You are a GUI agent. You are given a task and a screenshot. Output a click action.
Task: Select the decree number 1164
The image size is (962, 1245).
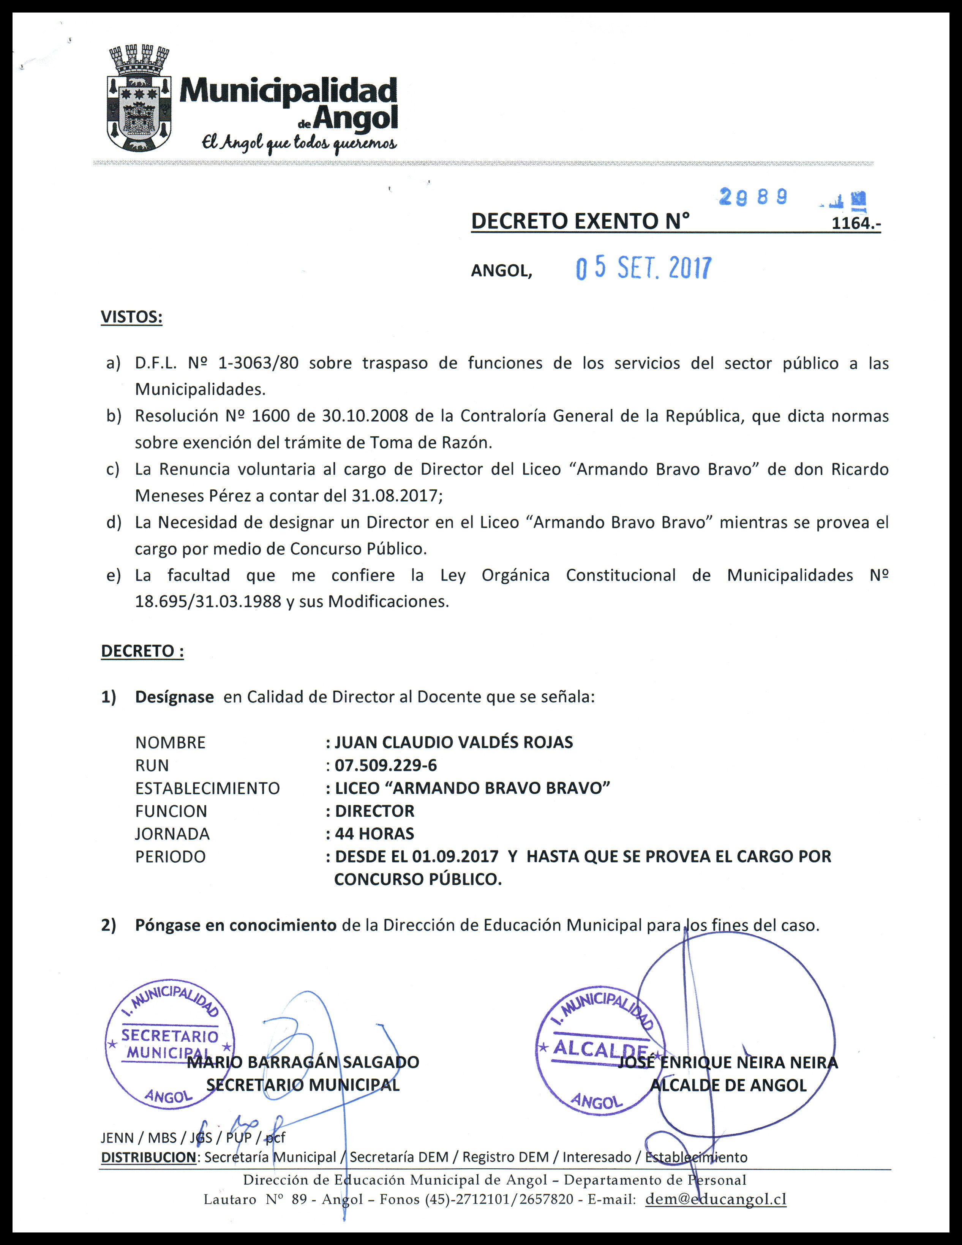click(855, 223)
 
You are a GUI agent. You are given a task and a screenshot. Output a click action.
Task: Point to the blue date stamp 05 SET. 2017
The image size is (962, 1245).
click(643, 268)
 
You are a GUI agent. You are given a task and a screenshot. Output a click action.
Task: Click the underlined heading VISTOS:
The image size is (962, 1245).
click(132, 317)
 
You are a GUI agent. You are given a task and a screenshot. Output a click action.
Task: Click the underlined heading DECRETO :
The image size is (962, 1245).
click(142, 651)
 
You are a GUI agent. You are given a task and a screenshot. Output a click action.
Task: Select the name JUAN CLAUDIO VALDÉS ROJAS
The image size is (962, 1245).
click(453, 742)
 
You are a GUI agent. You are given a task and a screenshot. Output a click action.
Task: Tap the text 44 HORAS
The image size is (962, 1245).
click(374, 833)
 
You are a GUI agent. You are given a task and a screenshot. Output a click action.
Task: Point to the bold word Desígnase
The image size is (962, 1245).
click(174, 697)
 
